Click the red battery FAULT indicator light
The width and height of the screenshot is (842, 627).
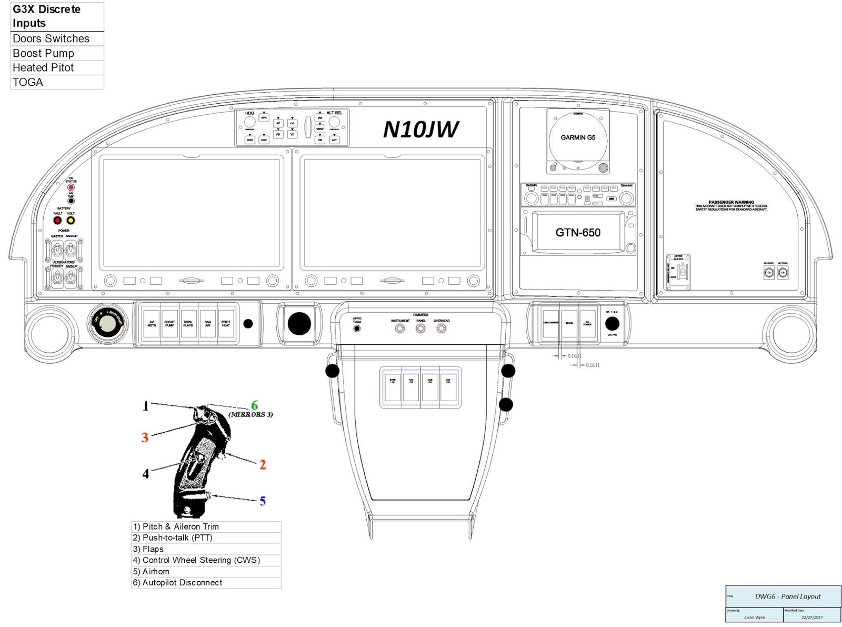[58, 221]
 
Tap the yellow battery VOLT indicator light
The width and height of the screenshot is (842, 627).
[71, 221]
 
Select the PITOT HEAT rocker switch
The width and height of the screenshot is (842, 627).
[226, 324]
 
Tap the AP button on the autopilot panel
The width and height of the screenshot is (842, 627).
[278, 123]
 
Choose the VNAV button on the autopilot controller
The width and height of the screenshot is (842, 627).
[319, 129]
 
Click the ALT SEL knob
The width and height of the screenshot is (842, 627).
[334, 122]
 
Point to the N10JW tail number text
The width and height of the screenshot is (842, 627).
[420, 130]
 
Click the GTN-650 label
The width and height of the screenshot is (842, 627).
[578, 233]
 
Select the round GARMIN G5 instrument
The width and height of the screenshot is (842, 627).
[578, 138]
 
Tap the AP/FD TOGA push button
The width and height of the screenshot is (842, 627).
[357, 329]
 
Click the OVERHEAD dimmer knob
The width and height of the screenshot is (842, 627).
[442, 329]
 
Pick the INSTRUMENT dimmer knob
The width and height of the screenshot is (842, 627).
[400, 329]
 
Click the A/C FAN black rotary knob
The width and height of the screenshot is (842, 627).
[612, 323]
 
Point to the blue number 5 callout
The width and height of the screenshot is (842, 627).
[263, 501]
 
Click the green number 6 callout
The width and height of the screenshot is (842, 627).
[255, 405]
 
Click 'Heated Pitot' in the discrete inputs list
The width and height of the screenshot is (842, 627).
[43, 68]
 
